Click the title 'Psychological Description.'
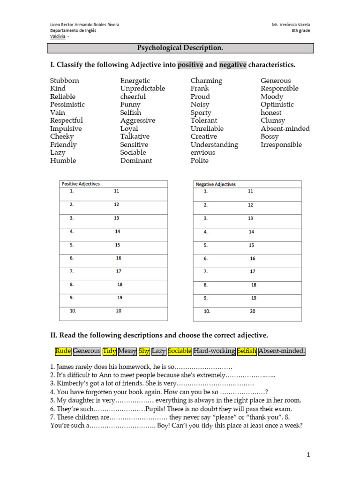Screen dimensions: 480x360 (x=180, y=48)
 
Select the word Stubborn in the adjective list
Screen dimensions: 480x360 (x=65, y=81)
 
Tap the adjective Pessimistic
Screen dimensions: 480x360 (x=67, y=105)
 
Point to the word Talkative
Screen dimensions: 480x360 (x=135, y=136)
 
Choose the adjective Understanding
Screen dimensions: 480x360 (x=214, y=144)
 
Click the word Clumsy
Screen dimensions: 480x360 (x=273, y=120)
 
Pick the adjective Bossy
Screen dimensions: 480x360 (x=270, y=136)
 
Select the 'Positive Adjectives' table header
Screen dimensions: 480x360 (x=81, y=184)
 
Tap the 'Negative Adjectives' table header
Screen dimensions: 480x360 (x=216, y=184)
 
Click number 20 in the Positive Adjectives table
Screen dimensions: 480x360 (x=119, y=311)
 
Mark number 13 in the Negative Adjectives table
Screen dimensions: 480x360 (x=250, y=218)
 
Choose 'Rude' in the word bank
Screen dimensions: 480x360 (x=63, y=351)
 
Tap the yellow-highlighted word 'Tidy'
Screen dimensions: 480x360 (x=109, y=351)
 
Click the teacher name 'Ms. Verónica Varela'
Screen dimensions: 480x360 (x=290, y=24)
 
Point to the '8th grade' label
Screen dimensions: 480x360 (x=300, y=31)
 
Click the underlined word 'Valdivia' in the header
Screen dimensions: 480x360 (x=58, y=37)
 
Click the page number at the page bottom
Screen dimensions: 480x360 (x=308, y=454)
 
